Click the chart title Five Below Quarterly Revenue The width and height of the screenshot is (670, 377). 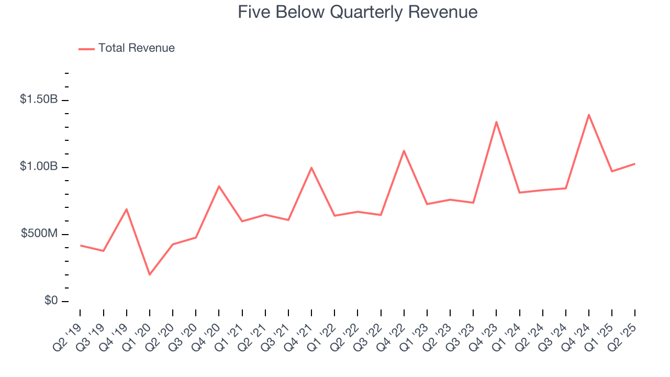coord(358,12)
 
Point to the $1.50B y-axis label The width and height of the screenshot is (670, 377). coord(39,99)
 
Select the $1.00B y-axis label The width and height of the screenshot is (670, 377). coord(39,167)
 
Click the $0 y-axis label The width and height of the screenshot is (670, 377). coord(50,301)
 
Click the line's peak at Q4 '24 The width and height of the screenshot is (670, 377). coord(589,115)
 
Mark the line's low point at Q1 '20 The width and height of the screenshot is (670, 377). coord(150,274)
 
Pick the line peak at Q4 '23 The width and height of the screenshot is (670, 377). coord(496,122)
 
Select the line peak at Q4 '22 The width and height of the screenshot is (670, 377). coord(404,151)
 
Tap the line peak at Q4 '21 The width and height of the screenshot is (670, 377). coord(311,168)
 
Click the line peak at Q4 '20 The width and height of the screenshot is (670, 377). coord(219,186)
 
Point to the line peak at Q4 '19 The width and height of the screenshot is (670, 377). coord(127,209)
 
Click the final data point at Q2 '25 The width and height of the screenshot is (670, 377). coord(635,164)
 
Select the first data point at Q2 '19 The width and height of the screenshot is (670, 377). coord(81,245)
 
